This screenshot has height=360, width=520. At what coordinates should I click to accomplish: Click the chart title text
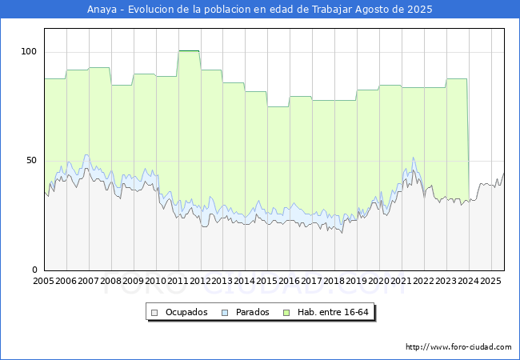click(x=260, y=10)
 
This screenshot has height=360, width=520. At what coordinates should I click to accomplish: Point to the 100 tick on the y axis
click(x=29, y=52)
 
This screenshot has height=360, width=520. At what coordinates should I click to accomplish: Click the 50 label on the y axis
click(x=31, y=161)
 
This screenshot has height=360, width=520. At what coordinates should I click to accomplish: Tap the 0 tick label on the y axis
click(x=34, y=270)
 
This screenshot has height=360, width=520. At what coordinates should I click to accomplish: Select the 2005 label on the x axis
click(x=43, y=282)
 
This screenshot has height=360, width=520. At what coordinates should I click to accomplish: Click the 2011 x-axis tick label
click(x=178, y=282)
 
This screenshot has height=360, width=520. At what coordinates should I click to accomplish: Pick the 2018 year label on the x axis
click(x=334, y=282)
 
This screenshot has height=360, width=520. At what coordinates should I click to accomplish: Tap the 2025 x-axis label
click(x=490, y=282)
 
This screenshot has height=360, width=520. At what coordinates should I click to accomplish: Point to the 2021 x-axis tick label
click(x=402, y=282)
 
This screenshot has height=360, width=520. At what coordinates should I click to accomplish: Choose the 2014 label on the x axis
click(x=245, y=282)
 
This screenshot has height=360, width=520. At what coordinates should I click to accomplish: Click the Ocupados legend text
click(x=186, y=312)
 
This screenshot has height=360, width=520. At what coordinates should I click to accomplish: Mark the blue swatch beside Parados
click(x=225, y=312)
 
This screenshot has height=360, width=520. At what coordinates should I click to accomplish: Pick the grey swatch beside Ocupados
click(x=155, y=312)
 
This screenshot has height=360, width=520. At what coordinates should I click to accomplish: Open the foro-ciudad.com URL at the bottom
click(x=458, y=347)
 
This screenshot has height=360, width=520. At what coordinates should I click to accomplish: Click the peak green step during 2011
click(x=189, y=51)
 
